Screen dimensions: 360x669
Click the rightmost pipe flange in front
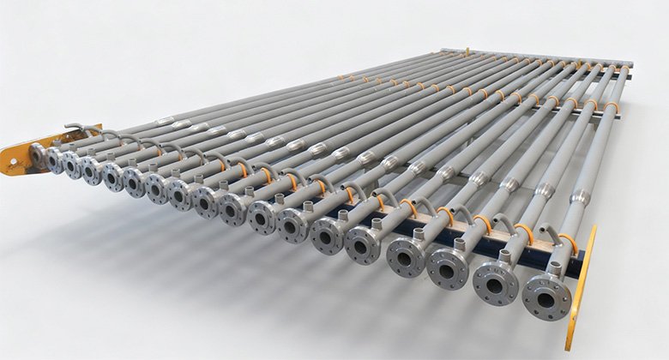546,296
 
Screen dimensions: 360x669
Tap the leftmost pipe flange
38,155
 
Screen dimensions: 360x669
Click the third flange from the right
448,267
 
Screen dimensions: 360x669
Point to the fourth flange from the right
404,256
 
